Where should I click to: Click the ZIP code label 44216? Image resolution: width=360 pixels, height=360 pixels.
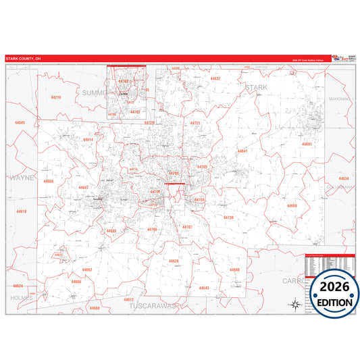pos(55,98)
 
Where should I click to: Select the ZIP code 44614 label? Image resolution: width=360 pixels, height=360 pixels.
pos(88,139)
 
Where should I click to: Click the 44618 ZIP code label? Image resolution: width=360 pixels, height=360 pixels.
pos(22,211)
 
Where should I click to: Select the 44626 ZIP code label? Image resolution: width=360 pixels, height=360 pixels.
pos(174,261)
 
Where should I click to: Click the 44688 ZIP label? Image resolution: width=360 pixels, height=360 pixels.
pos(234,269)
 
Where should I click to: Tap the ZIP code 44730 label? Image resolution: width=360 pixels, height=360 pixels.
pos(228,217)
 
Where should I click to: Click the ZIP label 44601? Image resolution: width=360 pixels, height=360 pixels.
pos(307,145)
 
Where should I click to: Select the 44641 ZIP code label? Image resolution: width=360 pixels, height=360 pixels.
pos(242,151)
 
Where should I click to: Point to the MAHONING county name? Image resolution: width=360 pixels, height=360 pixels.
pos(339,99)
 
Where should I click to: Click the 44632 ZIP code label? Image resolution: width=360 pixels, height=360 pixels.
pos(215,78)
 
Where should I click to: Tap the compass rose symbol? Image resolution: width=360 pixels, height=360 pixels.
pos(295,304)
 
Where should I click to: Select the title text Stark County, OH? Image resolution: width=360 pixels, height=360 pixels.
pos(24,59)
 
